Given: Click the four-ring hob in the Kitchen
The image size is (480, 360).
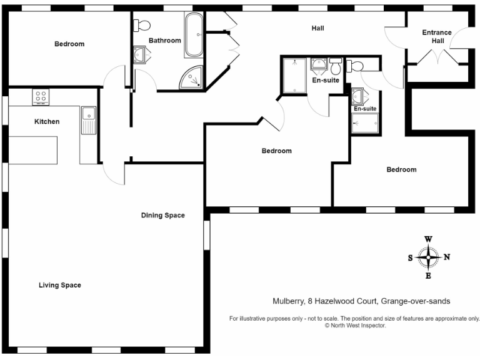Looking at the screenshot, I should tap(41, 97).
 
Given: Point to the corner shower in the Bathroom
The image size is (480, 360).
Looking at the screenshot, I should tap(192, 77).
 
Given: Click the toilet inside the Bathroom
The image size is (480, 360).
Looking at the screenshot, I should tap(142, 25).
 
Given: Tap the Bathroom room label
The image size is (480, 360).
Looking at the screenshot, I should tap(164, 41).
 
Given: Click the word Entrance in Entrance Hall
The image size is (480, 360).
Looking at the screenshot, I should tap(437, 32).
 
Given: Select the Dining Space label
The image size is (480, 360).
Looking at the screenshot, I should tap(162, 216).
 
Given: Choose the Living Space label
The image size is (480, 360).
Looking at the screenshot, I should tap(60, 285).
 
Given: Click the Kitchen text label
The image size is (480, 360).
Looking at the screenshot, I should tap(47, 121).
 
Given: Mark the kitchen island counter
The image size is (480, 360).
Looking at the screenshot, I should tap(32, 149).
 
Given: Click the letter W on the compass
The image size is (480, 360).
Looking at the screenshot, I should tap(428, 239).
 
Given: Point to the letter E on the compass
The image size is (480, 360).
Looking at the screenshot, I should tap(428, 276).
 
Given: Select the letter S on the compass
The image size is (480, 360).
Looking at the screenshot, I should tap(410, 257).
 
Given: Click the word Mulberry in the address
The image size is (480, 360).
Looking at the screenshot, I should tap(288, 301).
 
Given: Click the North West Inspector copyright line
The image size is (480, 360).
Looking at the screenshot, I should tap(354, 326).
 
